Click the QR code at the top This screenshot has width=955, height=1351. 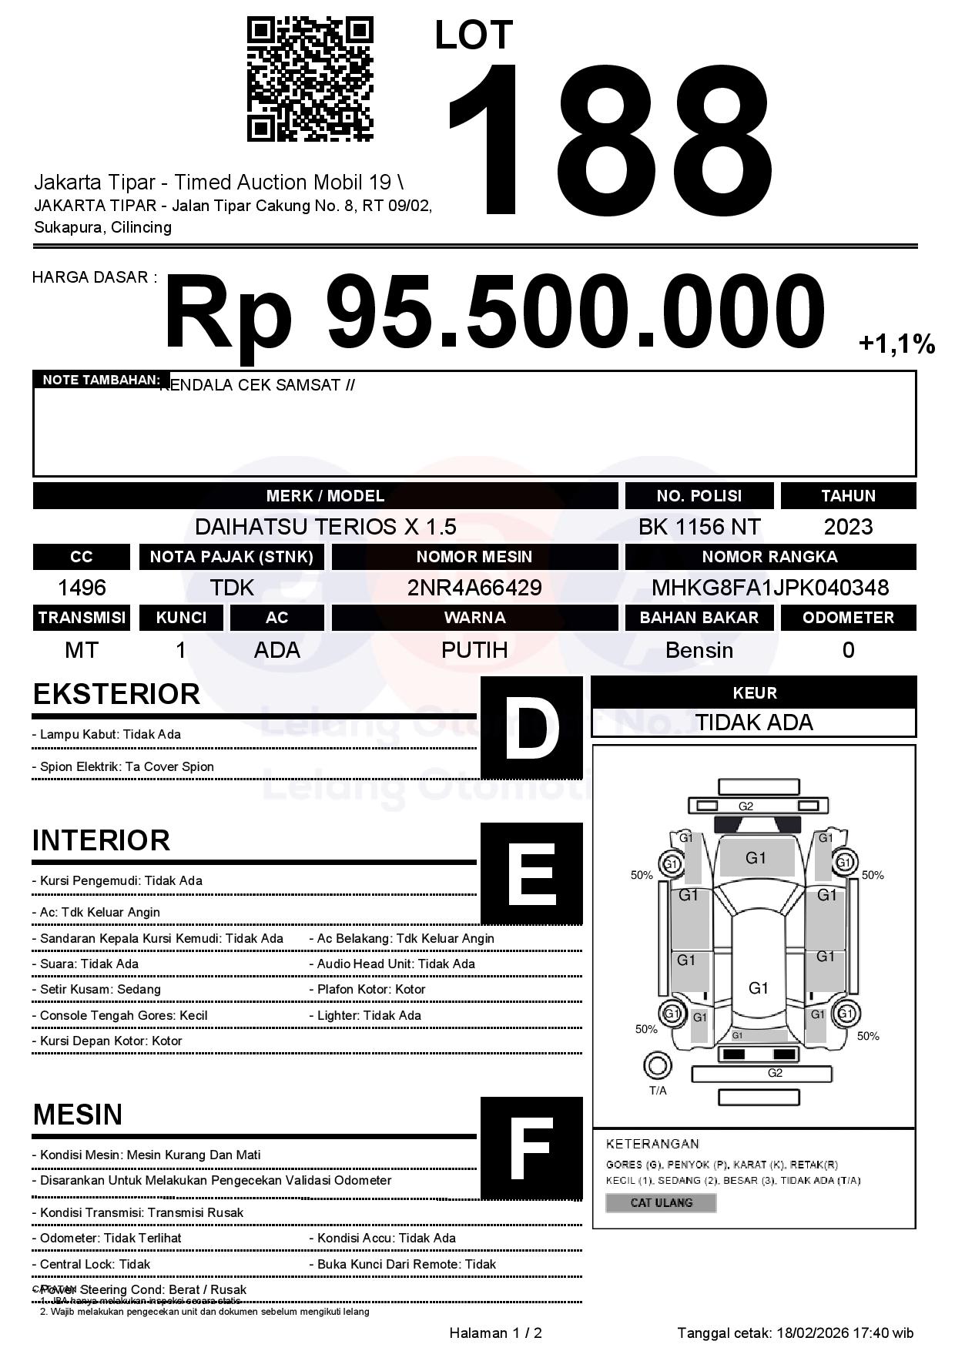tap(310, 80)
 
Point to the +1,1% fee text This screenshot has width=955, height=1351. tap(896, 344)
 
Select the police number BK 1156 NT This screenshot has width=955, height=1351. tap(699, 527)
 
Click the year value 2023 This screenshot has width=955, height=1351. tap(848, 527)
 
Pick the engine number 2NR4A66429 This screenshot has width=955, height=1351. tap(474, 588)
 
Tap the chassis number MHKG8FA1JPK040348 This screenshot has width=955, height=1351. tap(770, 588)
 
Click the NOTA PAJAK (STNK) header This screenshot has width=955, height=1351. tap(232, 557)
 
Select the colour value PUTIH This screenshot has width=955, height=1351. tap(474, 650)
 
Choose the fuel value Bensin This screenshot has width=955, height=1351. tap(699, 650)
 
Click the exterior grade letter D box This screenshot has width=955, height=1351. tap(531, 727)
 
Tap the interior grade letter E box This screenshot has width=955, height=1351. tap(531, 873)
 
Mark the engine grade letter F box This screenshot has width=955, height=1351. tap(531, 1148)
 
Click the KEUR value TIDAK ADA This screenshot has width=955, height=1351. tap(754, 722)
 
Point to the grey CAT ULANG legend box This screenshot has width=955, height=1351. tap(661, 1202)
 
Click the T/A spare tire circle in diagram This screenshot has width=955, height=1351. tap(657, 1066)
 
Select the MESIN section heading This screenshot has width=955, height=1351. tap(78, 1115)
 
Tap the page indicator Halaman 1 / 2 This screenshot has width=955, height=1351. tap(495, 1333)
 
